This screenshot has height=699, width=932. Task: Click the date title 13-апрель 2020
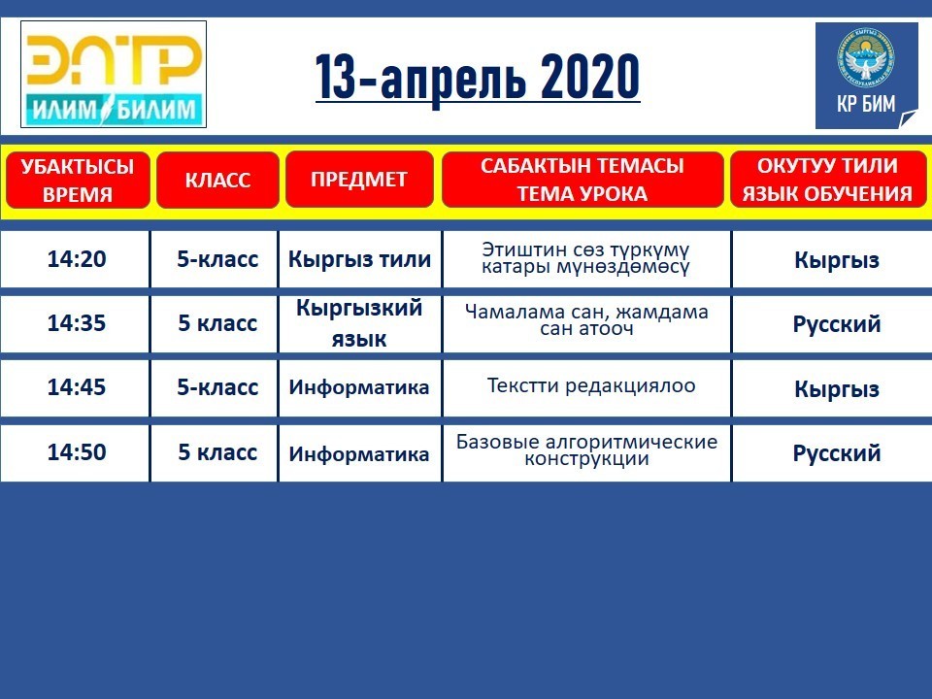pyautogui.click(x=478, y=78)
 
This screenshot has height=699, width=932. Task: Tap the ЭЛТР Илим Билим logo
pyautogui.click(x=114, y=75)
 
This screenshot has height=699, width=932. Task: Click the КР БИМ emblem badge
pyautogui.click(x=867, y=76)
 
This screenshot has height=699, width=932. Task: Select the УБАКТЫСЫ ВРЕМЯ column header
pyautogui.click(x=78, y=180)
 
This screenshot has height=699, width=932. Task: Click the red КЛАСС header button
pyautogui.click(x=217, y=180)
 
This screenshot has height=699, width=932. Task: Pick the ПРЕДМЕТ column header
pyautogui.click(x=359, y=179)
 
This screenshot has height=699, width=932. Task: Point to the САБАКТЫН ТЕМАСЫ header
pyautogui.click(x=582, y=179)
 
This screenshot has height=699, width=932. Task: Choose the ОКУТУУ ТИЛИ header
pyautogui.click(x=827, y=179)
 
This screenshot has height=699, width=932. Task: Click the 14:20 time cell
pyautogui.click(x=76, y=259)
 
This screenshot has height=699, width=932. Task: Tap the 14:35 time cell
pyautogui.click(x=76, y=323)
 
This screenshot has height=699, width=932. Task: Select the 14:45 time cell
pyautogui.click(x=76, y=387)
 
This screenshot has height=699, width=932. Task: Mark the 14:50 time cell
pyautogui.click(x=76, y=452)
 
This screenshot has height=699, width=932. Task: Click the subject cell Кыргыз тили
pyautogui.click(x=359, y=259)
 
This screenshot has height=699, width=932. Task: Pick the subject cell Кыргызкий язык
pyautogui.click(x=359, y=323)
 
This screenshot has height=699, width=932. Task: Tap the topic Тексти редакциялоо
pyautogui.click(x=591, y=385)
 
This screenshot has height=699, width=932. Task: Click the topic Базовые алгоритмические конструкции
pyautogui.click(x=586, y=449)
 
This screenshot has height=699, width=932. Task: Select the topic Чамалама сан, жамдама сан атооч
pyautogui.click(x=586, y=319)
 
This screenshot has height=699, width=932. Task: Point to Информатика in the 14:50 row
pyautogui.click(x=359, y=454)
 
